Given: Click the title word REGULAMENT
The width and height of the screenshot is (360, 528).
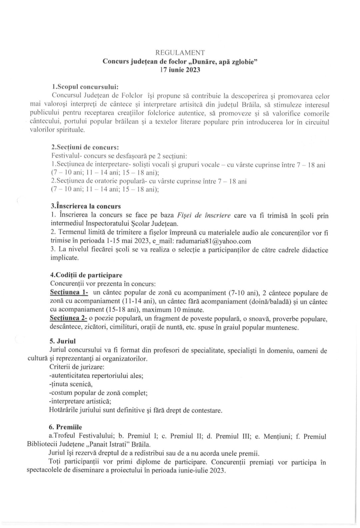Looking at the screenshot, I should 180,53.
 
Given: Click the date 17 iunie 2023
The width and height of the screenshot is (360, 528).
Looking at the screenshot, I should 180,70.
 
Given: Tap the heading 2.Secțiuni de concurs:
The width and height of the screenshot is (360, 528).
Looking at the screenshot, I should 85,147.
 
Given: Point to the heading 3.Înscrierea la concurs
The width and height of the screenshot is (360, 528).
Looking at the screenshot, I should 86,206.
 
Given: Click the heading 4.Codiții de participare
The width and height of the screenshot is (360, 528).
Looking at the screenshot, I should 86,275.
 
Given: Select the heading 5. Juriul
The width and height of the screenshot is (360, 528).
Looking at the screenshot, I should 63,341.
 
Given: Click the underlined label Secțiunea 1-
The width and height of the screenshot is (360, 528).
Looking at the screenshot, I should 69,293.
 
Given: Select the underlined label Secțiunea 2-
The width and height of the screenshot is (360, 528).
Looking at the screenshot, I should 69,318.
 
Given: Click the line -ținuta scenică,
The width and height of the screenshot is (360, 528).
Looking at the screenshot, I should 66,384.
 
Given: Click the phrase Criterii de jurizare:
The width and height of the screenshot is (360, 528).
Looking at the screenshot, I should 77,367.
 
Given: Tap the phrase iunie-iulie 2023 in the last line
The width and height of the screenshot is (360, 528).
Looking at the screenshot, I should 201,471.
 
